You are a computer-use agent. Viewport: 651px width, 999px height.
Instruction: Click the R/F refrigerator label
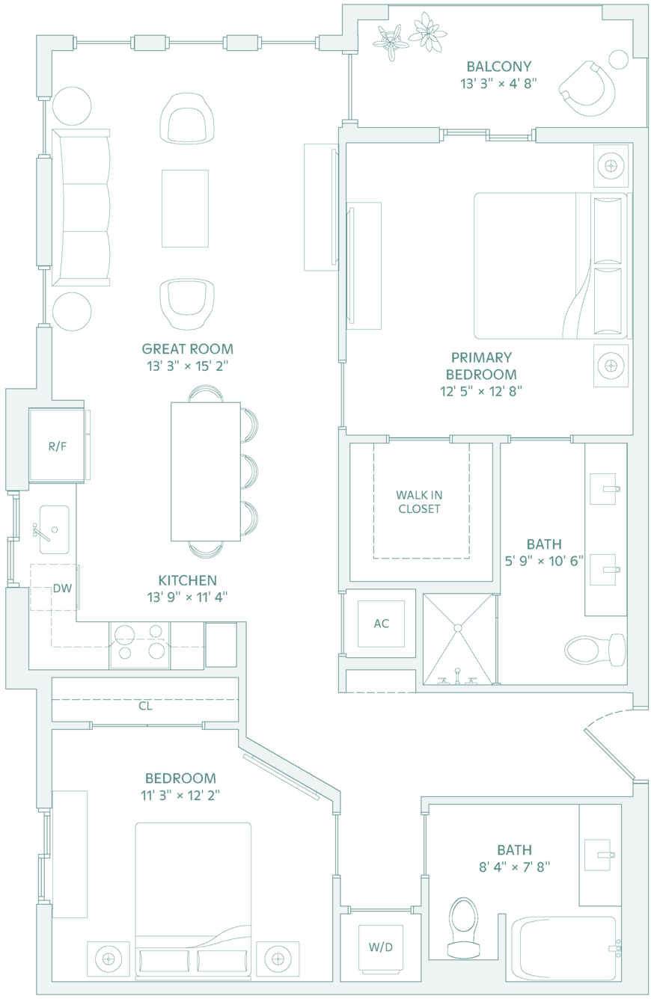(x=58, y=446)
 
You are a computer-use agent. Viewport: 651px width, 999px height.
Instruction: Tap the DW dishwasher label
(x=62, y=588)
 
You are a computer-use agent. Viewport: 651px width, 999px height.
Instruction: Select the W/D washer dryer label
(x=381, y=947)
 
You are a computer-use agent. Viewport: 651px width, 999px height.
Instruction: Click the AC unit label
(x=382, y=624)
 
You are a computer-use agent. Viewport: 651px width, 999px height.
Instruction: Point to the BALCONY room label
(x=499, y=67)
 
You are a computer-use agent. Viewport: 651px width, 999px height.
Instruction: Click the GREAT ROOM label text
(x=187, y=348)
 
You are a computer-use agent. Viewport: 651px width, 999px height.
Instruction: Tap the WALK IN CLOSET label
(x=419, y=502)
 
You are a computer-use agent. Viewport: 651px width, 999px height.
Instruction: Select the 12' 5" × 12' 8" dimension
(x=481, y=391)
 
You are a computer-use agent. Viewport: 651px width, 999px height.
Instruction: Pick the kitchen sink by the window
(x=54, y=529)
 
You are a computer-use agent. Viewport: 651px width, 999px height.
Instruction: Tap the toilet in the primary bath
(x=595, y=650)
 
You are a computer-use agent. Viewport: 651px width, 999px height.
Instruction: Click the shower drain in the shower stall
(x=458, y=628)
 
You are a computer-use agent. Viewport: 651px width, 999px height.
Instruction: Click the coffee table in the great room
(x=185, y=209)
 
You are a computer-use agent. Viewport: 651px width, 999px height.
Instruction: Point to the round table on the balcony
(x=618, y=59)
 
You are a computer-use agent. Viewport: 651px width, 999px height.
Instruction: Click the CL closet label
(x=145, y=706)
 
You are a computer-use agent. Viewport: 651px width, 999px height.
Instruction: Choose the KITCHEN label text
(x=187, y=580)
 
